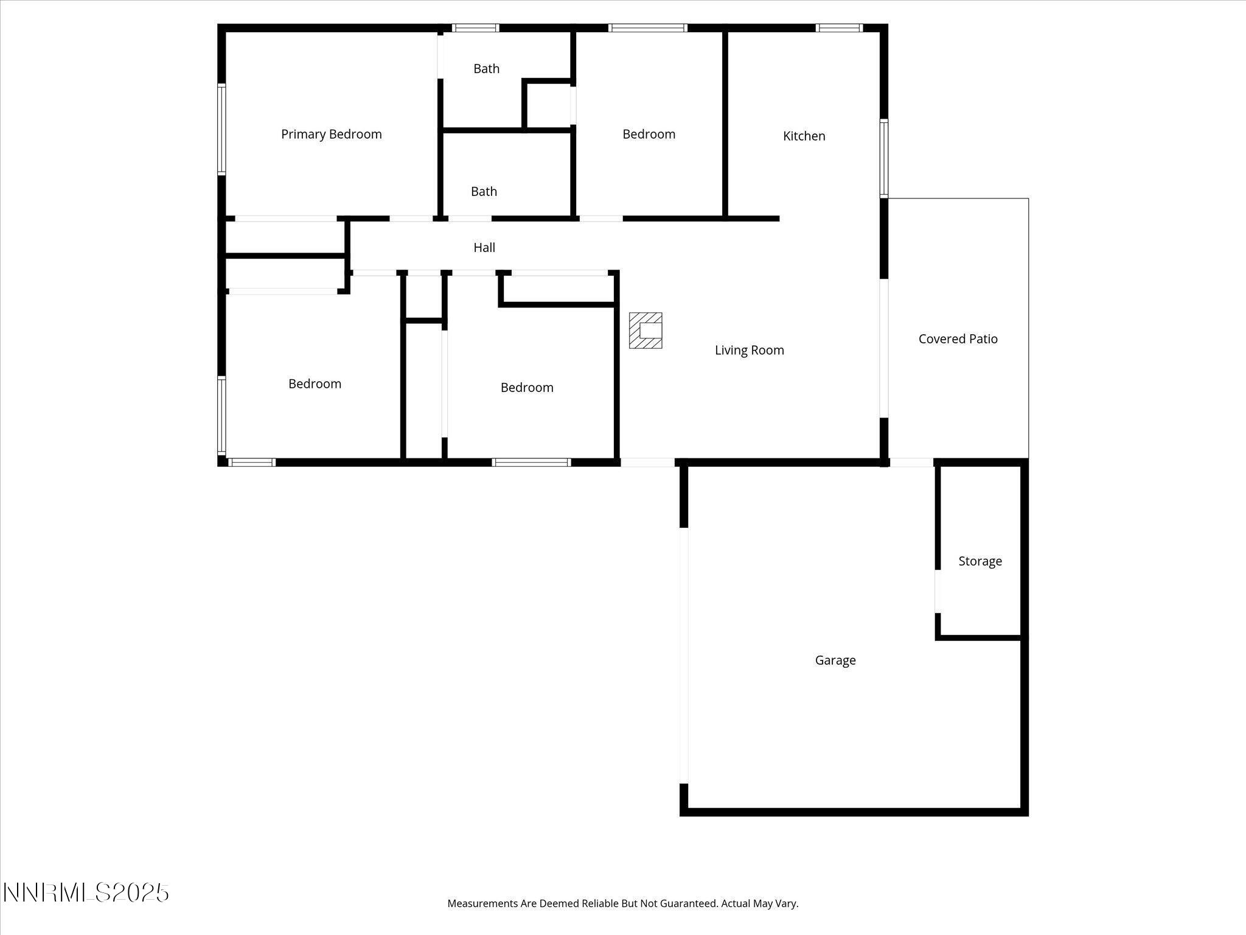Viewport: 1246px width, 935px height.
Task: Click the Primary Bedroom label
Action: coord(331,134)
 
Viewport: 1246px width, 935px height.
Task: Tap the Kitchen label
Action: coord(804,136)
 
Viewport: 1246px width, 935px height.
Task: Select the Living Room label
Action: coord(749,350)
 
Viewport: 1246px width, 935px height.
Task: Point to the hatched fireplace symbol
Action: coord(646,331)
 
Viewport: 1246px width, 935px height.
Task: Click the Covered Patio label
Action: coord(958,339)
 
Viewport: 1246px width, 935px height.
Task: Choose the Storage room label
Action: coord(980,561)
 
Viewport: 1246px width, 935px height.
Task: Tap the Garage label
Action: coord(835,660)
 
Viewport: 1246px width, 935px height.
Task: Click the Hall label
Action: coord(484,247)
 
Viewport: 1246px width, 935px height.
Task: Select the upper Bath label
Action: coord(486,69)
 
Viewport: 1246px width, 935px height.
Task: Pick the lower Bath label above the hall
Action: coord(484,192)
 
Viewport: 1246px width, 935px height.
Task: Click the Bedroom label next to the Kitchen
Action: coord(649,134)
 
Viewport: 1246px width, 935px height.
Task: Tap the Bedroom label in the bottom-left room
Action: coord(315,383)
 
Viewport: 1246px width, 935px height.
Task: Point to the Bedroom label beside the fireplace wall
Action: coord(527,387)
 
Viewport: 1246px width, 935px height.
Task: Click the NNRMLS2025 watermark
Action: coord(86,893)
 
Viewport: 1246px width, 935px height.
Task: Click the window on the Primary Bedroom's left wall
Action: coord(221,129)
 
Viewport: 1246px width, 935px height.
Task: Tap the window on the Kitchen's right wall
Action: coord(884,158)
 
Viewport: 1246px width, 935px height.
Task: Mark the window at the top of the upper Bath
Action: coord(475,27)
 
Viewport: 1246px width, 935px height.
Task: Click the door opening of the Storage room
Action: coord(938,591)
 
